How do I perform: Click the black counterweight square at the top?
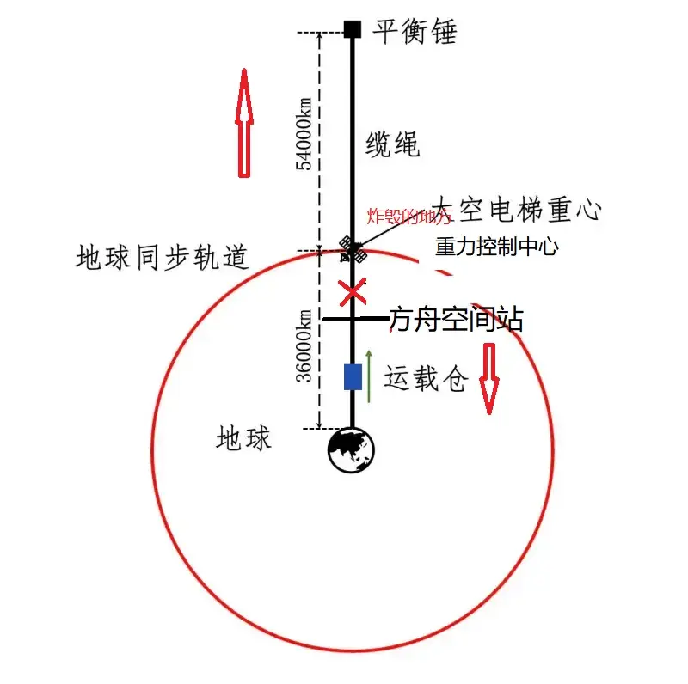[x=352, y=29]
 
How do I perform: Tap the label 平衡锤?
[x=415, y=32]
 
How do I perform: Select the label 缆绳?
[x=393, y=144]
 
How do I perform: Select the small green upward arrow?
[x=369, y=376]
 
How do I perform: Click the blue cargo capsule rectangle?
[x=353, y=376]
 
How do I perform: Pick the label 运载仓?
[x=426, y=379]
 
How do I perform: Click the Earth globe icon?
[x=352, y=449]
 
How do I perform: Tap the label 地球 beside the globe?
[x=243, y=439]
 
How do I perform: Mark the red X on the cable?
[x=353, y=292]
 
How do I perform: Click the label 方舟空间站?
[x=456, y=321]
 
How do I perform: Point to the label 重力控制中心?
[x=497, y=247]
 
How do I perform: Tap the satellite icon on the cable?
[x=353, y=250]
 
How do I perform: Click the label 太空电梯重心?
[x=516, y=209]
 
